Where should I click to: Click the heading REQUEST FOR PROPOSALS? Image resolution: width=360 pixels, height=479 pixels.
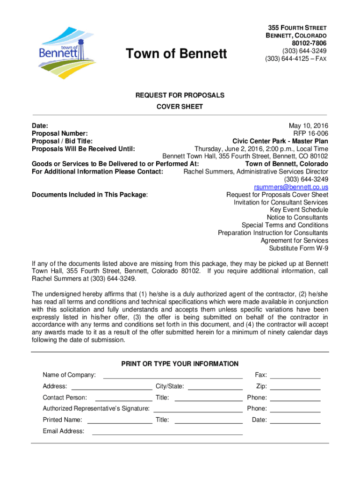click(180, 95)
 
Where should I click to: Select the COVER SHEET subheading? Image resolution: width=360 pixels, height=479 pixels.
click(180, 107)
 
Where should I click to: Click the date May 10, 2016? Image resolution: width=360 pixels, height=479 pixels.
click(309, 126)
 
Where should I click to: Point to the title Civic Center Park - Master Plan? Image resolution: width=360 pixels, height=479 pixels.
click(280, 141)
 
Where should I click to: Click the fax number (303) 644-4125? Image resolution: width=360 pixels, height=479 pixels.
click(295, 58)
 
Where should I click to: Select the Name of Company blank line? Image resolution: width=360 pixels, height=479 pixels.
click(173, 377)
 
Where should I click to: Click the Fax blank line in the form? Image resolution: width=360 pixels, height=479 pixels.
click(295, 377)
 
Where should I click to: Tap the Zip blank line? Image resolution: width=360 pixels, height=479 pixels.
click(295, 389)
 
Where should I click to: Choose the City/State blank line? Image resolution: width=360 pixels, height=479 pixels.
click(215, 389)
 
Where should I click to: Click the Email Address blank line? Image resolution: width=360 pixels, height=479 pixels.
click(167, 434)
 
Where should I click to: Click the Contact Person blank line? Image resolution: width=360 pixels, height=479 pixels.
click(124, 400)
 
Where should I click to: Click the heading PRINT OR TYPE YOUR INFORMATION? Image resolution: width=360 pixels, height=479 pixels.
click(180, 364)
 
